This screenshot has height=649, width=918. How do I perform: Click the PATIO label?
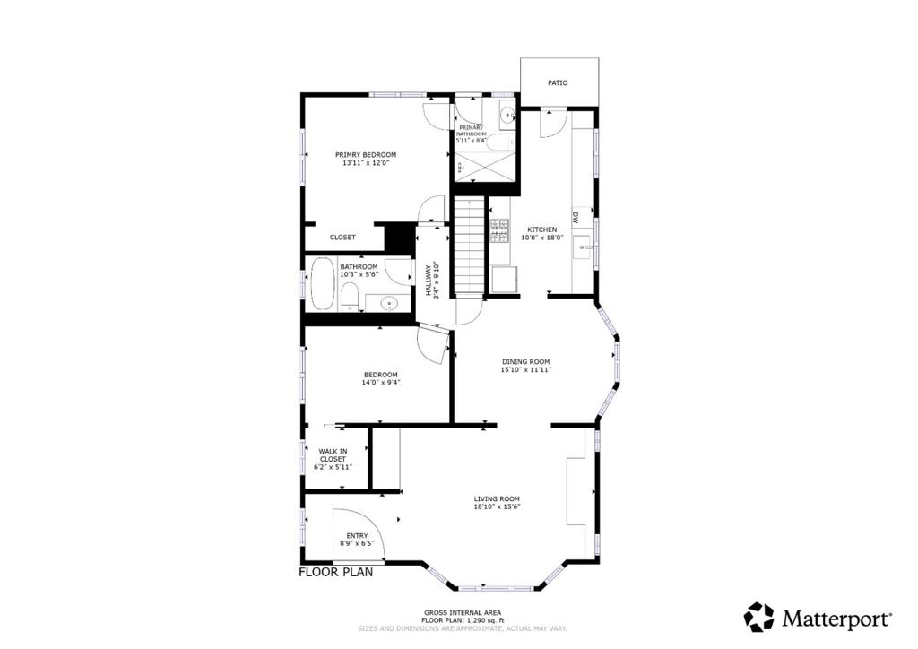pos(558,83)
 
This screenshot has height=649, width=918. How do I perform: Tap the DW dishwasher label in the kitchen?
pos(575,217)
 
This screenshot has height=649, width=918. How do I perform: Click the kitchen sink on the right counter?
pos(583,248)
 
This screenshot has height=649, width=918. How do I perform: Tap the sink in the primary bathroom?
pos(507,115)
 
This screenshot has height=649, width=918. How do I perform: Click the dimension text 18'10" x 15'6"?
pos(497,507)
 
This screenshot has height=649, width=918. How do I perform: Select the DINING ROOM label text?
pos(525,361)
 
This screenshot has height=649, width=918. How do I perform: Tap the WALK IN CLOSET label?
pos(333,455)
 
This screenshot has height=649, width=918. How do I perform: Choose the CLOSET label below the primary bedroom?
pos(342,238)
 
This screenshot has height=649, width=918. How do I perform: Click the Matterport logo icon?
pos(758,617)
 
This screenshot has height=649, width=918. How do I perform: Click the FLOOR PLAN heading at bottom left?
pos(335,573)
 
